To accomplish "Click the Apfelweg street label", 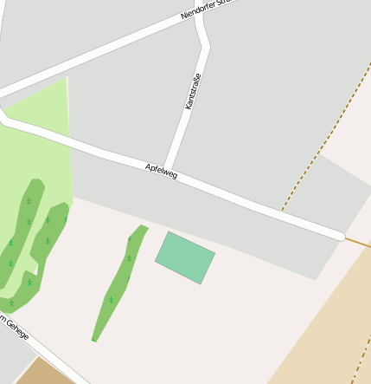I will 162,171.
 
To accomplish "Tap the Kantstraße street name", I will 192,91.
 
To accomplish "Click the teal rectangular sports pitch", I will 185,257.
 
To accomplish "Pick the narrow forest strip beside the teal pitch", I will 118,286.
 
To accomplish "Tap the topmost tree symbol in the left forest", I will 29,200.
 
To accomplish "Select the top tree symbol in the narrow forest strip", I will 131,238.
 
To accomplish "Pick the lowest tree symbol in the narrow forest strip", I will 111,299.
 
